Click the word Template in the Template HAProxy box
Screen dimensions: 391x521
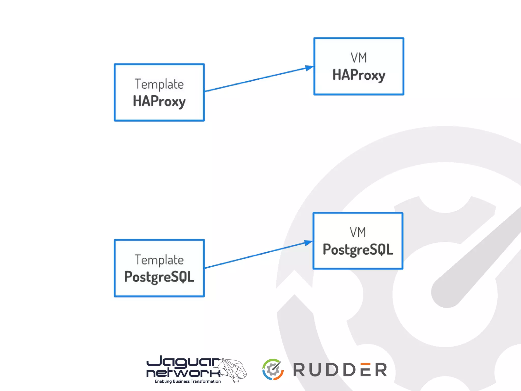tap(159, 84)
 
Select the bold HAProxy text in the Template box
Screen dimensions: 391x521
tap(159, 101)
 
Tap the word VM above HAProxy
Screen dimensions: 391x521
tap(359, 58)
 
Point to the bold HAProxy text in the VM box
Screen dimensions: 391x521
tap(359, 75)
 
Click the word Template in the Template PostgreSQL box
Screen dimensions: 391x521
tap(159, 260)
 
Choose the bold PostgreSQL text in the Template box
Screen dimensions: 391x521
tap(159, 277)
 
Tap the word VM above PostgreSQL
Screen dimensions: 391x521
tap(358, 232)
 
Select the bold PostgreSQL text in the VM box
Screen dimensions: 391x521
tap(358, 250)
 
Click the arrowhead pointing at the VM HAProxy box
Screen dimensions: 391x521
tap(309, 68)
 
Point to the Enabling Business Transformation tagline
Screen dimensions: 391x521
tap(188, 381)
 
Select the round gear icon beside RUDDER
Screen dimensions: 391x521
tap(273, 370)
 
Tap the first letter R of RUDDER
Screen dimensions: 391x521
tap(299, 370)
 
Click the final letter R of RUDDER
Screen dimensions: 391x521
tap(381, 370)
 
